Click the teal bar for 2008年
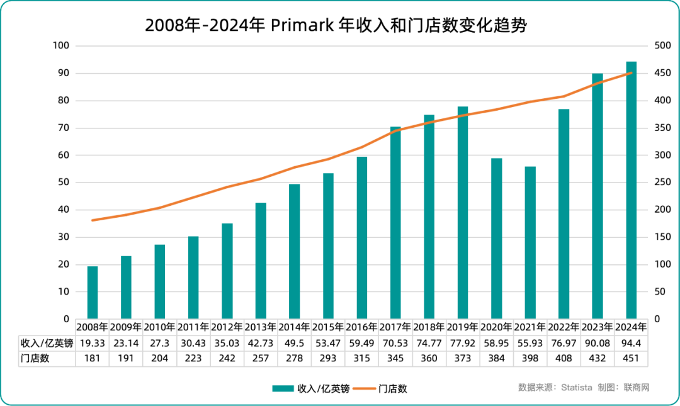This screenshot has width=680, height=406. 93,292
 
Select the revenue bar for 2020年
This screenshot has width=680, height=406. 497,239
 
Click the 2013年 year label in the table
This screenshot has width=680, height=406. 261,327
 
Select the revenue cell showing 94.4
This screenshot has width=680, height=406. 631,343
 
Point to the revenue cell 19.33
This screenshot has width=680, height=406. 93,343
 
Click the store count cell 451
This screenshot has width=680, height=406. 631,358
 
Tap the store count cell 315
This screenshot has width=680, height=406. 361,358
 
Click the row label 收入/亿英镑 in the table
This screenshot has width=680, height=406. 47,343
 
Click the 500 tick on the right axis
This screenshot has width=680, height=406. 662,46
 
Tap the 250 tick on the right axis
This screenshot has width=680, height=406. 662,183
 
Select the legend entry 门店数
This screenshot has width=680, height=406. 393,388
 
